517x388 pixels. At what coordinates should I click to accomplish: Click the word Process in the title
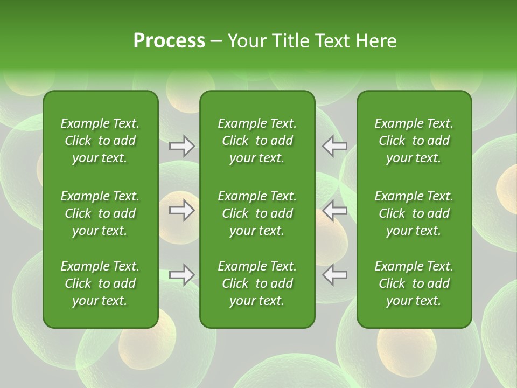tap(169, 41)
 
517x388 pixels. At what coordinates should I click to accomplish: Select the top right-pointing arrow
tap(182, 146)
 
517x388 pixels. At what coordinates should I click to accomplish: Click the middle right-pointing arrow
tap(182, 210)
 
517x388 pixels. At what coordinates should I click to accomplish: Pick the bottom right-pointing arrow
tap(182, 275)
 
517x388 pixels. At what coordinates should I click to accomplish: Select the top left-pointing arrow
tap(335, 146)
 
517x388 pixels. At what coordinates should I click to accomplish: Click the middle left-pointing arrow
tap(335, 210)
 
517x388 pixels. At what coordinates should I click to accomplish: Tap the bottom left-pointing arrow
tap(335, 275)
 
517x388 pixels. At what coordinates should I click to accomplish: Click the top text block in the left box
tap(100, 141)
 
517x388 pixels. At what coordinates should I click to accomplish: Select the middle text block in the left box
tap(100, 213)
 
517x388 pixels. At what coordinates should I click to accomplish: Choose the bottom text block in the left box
tap(100, 283)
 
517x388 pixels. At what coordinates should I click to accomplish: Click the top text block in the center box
tap(257, 141)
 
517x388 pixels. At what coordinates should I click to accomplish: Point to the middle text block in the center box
tap(257, 213)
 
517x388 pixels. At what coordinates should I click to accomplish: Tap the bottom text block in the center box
tap(257, 283)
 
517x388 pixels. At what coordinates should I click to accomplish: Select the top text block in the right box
tap(414, 141)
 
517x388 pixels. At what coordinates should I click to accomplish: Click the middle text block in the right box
tap(414, 213)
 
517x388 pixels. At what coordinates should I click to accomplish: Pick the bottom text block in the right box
tap(414, 283)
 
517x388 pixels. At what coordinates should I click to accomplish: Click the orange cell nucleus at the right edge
tap(507, 192)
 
